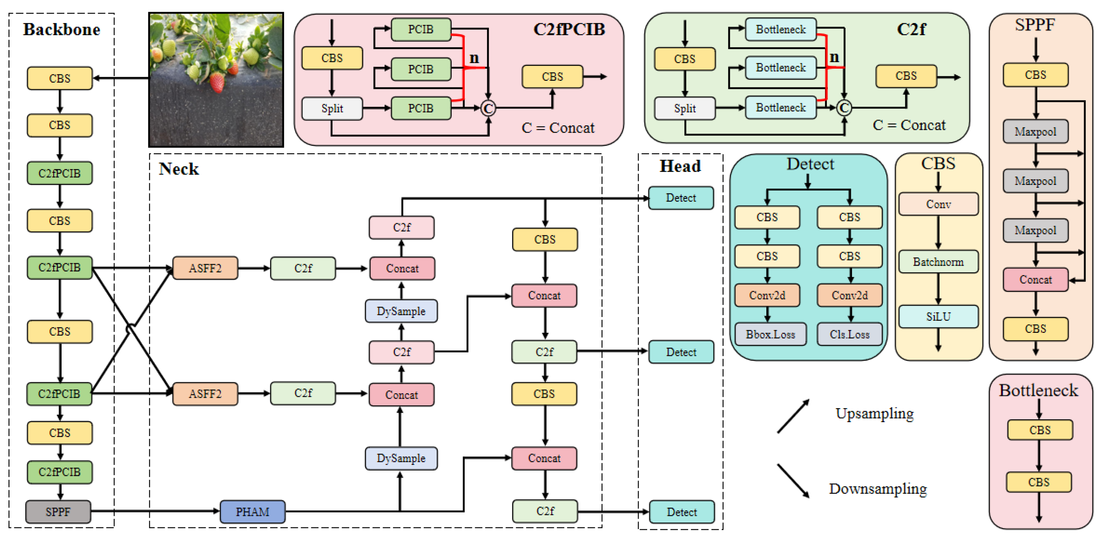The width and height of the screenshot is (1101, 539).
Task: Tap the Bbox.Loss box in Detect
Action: click(770, 334)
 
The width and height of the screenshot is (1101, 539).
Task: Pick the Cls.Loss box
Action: click(849, 334)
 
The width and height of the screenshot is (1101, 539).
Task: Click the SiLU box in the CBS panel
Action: click(938, 316)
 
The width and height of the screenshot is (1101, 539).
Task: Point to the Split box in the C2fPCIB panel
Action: click(332, 109)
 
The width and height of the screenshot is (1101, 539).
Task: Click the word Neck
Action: click(179, 169)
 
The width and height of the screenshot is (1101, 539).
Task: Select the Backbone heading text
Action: click(61, 29)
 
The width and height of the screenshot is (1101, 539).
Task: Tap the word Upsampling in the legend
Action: click(874, 413)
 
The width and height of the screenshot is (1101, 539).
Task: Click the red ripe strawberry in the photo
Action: click(217, 82)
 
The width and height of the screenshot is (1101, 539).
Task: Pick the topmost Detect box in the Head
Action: click(680, 197)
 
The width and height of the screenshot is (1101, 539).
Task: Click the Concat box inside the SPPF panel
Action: click(1035, 279)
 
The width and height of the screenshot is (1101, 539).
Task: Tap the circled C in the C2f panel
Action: click(844, 108)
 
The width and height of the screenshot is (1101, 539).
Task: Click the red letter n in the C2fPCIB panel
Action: click(473, 58)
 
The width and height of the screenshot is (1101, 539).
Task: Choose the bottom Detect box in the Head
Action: click(681, 512)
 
